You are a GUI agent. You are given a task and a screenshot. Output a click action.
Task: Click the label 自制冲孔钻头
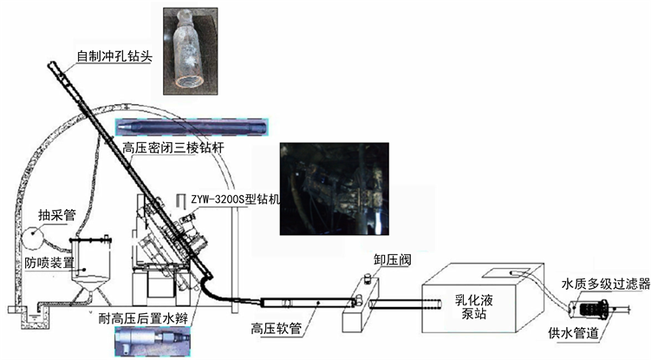tap(114, 56)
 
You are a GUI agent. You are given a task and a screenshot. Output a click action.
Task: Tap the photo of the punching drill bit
tap(191, 50)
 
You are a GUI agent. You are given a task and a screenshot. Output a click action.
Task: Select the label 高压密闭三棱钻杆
tap(173, 148)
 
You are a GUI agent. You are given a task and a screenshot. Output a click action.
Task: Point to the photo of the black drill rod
tap(192, 127)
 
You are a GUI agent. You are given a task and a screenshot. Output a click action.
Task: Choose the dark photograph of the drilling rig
tap(335, 189)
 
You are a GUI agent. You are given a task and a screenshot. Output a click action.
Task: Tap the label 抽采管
tap(57, 214)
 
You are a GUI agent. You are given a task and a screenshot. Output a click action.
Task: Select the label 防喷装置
tap(49, 262)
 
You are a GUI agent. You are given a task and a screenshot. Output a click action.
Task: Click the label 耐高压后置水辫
tap(143, 319)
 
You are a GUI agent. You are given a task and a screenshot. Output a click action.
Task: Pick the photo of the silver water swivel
tap(153, 341)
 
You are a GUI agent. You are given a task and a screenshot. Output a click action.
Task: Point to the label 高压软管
tap(277, 330)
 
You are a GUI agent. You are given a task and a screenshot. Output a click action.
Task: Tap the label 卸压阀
tap(393, 260)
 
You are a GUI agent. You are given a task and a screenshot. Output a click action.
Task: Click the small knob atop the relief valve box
tap(368, 278)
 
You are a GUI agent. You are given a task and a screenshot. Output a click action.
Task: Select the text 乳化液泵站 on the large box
tap(473, 306)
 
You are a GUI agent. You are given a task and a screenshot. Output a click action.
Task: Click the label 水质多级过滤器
tap(605, 284)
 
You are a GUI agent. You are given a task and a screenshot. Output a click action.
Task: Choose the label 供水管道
tap(573, 333)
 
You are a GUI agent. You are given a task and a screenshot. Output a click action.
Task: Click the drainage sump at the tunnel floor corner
tap(35, 317)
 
